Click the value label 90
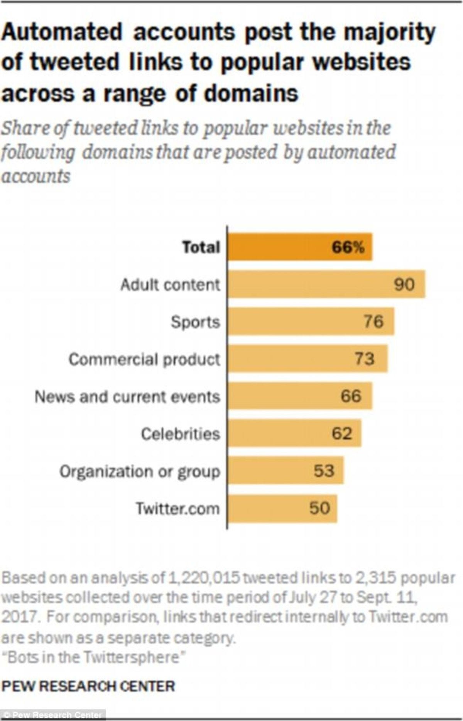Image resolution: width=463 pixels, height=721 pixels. (404, 284)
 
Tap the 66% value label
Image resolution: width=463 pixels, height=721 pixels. (348, 247)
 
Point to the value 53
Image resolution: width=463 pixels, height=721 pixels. (324, 471)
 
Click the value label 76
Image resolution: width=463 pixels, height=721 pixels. (373, 322)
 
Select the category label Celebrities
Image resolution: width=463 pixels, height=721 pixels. (180, 434)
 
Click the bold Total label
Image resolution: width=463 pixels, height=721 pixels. (201, 247)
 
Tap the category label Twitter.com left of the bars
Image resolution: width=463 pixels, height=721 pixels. (177, 509)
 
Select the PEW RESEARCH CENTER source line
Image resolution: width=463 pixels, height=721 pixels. (88, 686)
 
